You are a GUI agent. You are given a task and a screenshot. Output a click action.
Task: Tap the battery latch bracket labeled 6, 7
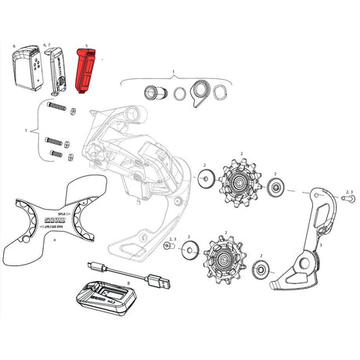pos(53,70)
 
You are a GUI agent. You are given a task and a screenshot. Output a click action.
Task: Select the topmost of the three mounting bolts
pos(57,106)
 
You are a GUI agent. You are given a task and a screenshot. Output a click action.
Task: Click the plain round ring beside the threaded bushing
pos(181,96)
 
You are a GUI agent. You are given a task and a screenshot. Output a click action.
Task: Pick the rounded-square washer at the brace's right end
pos(222,95)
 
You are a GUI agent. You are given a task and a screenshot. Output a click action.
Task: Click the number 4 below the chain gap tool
pos(55,242)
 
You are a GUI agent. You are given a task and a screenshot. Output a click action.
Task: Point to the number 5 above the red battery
pos(85,45)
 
